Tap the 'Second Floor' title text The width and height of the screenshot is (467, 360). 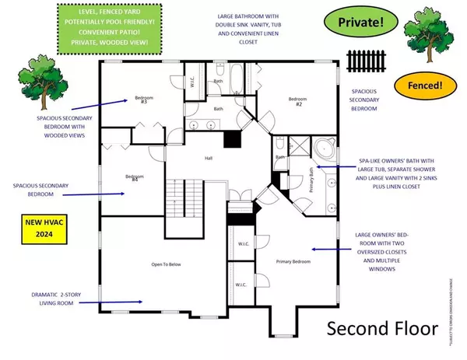pyautogui.click(x=381, y=327)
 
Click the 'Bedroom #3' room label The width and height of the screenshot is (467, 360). pyautogui.click(x=143, y=100)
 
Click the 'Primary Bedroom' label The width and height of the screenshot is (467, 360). pyautogui.click(x=293, y=262)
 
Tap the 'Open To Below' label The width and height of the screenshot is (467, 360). pyautogui.click(x=165, y=264)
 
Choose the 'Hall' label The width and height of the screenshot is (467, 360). pyautogui.click(x=209, y=159)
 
